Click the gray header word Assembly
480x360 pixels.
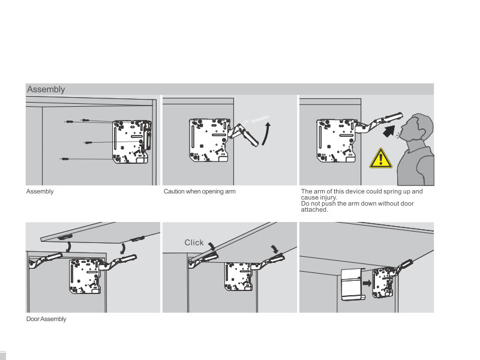click(x=46, y=89)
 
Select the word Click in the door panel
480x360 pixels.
click(x=194, y=242)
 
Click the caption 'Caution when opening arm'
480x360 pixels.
click(x=200, y=191)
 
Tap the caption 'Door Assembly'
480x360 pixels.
click(x=46, y=319)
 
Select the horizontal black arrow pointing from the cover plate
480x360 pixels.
click(x=367, y=287)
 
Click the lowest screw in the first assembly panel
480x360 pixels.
click(x=64, y=159)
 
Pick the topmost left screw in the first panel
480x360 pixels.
click(x=70, y=122)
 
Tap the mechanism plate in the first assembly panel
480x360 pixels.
click(x=131, y=141)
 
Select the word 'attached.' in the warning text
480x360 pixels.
click(x=314, y=209)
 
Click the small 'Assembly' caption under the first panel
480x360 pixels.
click(x=40, y=191)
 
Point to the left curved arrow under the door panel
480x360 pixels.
click(x=70, y=246)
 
